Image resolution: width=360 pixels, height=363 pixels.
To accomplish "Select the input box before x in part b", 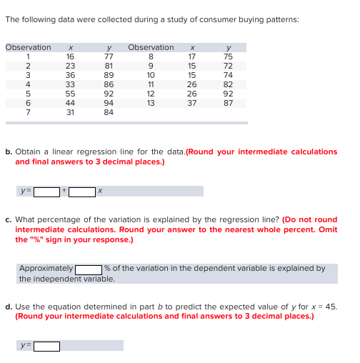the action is point(83,192).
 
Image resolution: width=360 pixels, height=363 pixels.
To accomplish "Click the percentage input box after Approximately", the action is point(89,269).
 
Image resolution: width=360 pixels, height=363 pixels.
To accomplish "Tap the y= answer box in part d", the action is point(47,346).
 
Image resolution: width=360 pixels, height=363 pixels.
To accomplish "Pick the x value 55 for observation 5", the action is point(70,92).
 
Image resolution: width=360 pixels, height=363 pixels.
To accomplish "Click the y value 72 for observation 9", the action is point(228,64).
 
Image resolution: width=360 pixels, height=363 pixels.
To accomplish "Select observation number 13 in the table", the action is point(150,101).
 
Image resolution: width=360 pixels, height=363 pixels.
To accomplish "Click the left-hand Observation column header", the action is point(28,47).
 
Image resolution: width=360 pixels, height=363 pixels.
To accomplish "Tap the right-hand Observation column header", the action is point(150,47).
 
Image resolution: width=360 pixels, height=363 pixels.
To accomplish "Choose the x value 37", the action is point(191,101).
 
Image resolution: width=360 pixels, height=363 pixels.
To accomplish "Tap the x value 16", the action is point(70,56).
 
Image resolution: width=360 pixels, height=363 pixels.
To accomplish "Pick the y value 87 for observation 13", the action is point(228,101).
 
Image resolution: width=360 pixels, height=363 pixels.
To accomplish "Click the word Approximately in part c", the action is point(46,269).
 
